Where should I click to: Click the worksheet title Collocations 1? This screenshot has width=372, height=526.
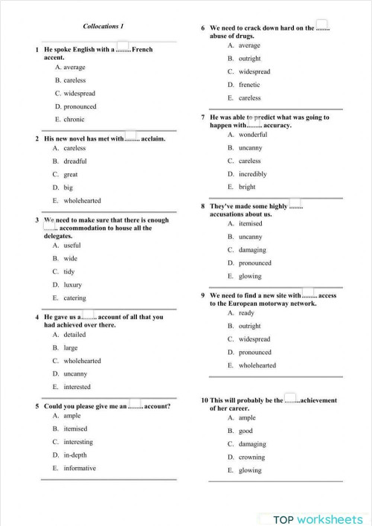point(103,27)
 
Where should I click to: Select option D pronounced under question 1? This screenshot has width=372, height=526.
point(74,106)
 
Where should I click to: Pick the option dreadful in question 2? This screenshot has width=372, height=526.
point(75,161)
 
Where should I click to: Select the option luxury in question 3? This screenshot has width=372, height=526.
point(73,285)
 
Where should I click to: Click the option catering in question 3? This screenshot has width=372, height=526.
point(74,298)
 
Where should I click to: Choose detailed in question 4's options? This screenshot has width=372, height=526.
point(75,335)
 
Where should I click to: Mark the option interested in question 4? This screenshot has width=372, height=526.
point(77,387)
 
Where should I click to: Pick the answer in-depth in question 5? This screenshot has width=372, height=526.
point(75,455)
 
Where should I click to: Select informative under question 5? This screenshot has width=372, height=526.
point(80,468)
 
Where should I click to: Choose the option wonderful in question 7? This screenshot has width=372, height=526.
point(253,135)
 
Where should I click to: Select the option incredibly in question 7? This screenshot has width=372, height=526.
point(253,174)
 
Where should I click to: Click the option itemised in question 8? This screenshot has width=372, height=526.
point(251,223)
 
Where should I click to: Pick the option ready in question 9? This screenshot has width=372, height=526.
point(246,312)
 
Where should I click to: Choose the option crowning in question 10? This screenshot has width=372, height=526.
point(251,457)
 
